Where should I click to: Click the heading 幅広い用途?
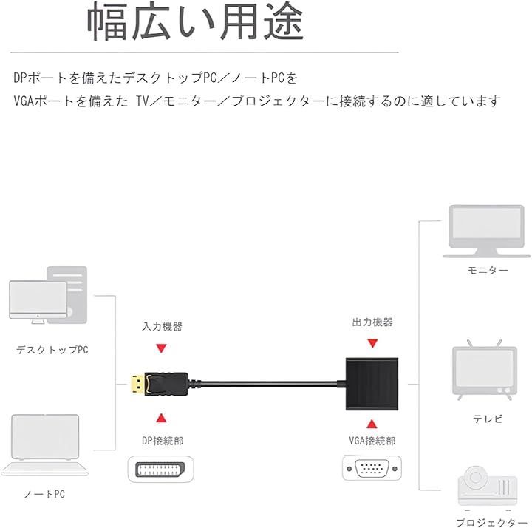pos(195,22)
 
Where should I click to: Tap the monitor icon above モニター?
pos(486,231)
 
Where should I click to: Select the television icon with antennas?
pos(485,370)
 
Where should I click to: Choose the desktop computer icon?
pos(48,295)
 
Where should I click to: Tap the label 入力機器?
pos(162,326)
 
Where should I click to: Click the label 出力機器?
pos(372,322)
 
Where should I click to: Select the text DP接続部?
pos(163,441)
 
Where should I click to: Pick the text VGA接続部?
pos(372,441)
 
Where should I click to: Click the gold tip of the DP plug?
pos(137,384)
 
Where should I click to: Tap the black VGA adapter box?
pos(372,384)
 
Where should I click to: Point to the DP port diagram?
pos(160,470)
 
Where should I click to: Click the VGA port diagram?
pos(372,469)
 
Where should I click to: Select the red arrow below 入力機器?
pos(161,348)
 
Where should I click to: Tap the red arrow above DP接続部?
pos(161,418)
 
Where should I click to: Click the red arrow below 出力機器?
pos(372,343)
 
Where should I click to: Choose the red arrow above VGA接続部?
pos(372,424)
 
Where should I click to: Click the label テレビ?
pos(488,419)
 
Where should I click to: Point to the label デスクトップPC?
pos(52,349)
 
